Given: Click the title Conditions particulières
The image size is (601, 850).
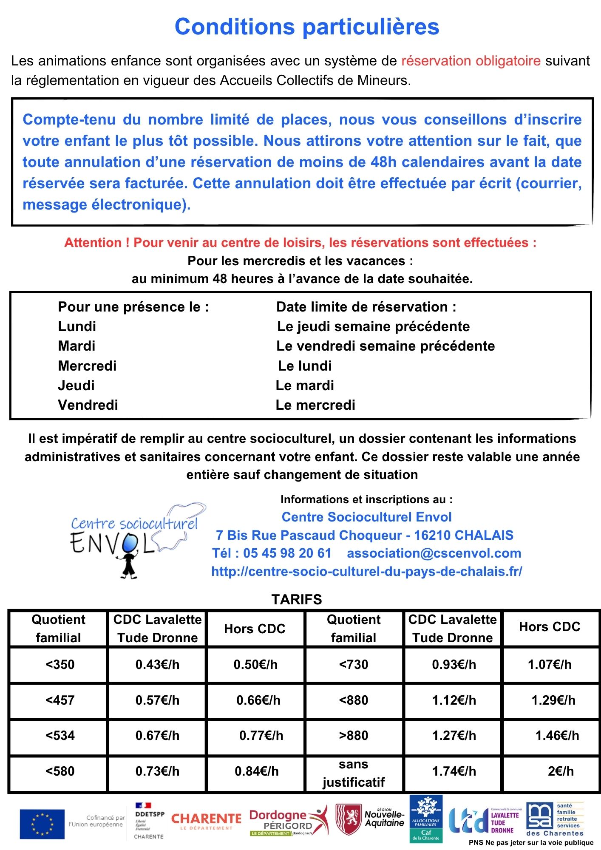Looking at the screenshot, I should click(x=306, y=27).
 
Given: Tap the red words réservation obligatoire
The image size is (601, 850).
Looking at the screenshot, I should click(x=471, y=61).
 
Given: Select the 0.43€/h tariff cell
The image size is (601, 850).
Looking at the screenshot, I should click(x=157, y=664).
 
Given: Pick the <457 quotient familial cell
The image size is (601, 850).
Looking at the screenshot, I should click(x=60, y=700).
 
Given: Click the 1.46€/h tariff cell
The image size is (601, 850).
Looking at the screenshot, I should click(x=557, y=735).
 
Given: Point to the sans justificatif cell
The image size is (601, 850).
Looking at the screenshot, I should click(x=354, y=773).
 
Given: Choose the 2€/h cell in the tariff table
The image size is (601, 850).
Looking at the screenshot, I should click(x=561, y=771).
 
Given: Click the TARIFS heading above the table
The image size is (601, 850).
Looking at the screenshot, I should click(x=297, y=599).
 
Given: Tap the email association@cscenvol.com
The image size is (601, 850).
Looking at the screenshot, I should click(x=434, y=553).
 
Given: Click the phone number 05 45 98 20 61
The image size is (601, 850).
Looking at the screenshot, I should click(x=287, y=553).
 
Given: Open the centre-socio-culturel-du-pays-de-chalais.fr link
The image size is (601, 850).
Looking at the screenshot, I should click(x=366, y=571).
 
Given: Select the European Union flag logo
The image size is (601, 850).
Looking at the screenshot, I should click(x=42, y=824).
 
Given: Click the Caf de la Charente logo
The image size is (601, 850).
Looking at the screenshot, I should click(x=425, y=819).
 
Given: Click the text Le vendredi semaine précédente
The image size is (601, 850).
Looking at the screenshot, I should click(x=386, y=346).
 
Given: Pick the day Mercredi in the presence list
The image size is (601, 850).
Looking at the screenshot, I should click(x=87, y=365).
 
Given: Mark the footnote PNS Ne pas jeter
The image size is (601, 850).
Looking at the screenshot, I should click(x=531, y=842).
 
